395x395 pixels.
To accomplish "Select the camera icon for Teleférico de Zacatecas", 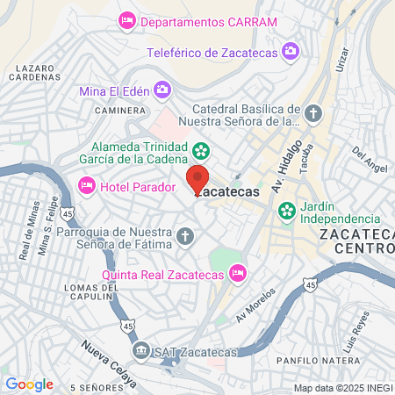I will (290, 52).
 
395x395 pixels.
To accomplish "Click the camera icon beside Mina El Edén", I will (162, 89).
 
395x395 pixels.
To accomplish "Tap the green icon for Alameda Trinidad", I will (200, 147).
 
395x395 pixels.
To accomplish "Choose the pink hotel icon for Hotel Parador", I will (86, 185).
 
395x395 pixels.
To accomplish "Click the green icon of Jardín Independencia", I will (285, 211).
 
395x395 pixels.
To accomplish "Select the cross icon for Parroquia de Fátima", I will (184, 234).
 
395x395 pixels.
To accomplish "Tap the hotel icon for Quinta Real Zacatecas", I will (236, 274).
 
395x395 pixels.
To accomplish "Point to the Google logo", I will (29, 384).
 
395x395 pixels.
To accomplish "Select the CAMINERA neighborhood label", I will (121, 111).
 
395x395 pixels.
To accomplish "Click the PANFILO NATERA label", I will (308, 360).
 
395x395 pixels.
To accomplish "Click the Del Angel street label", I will (370, 160).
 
